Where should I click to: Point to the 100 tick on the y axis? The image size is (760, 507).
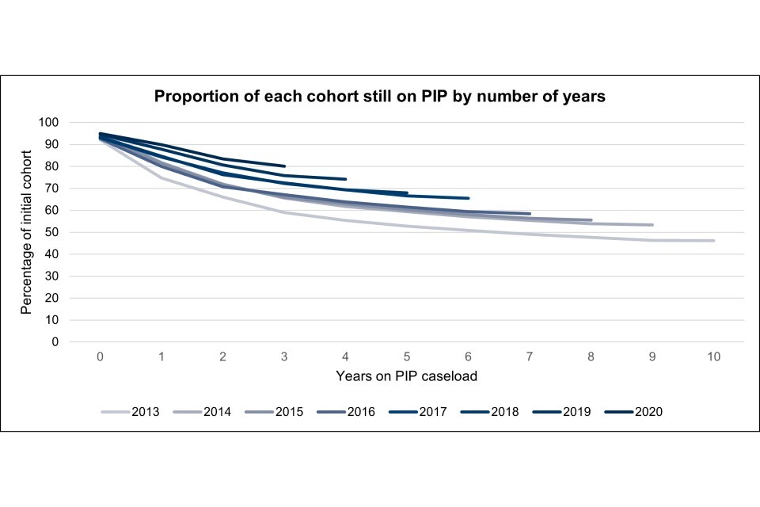pos(49,123)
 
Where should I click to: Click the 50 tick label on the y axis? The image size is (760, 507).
pos(52,233)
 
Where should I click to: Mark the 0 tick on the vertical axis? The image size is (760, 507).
pos(55,342)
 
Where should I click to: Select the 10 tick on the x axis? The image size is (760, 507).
pos(713,357)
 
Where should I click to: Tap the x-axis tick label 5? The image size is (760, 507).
pos(407,357)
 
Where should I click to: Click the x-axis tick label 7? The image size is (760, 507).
pos(530,357)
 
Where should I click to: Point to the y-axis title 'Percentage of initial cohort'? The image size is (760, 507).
pos(27,232)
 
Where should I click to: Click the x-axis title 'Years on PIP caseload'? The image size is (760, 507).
pos(407,375)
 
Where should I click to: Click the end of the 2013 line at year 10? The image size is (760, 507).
pos(713,241)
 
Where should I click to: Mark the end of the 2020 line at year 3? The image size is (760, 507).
pos(284,166)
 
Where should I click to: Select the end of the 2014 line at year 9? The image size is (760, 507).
pos(652,225)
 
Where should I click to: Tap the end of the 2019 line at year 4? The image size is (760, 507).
pos(345,179)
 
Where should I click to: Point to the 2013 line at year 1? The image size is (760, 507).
pos(161,177)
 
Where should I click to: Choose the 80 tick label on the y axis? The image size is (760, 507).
pos(52,166)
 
